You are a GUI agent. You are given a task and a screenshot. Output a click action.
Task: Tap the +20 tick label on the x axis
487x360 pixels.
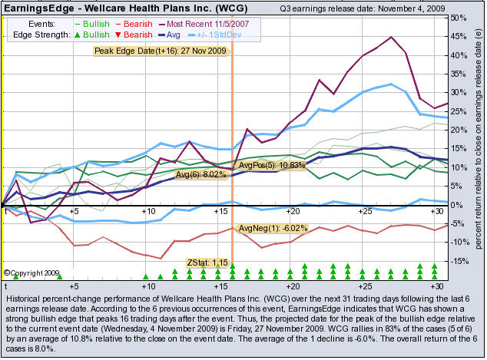pos(293,210)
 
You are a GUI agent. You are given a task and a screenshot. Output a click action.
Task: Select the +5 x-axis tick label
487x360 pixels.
pos(75,210)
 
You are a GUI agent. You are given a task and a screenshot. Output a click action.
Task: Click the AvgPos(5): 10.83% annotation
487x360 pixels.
pos(272,165)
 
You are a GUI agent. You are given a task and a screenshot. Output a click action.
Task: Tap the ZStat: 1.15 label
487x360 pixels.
pos(208,263)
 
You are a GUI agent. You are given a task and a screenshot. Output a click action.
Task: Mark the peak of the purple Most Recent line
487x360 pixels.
pos(392,37)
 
